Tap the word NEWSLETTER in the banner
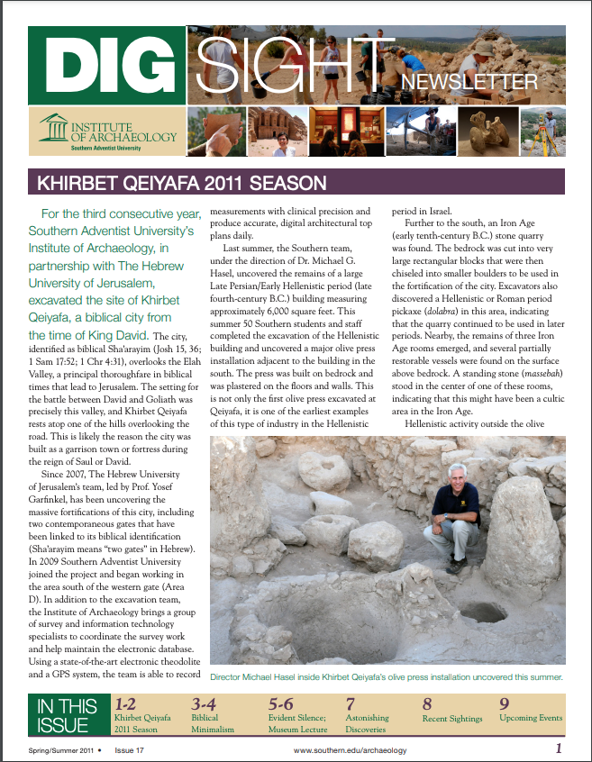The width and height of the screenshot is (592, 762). [x=469, y=84]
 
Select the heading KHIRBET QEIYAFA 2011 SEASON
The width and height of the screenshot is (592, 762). [x=180, y=185]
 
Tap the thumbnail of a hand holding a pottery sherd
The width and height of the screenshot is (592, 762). [x=216, y=132]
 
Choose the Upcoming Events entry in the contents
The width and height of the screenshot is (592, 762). [x=531, y=719]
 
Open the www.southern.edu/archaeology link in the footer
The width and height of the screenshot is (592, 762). [x=351, y=750]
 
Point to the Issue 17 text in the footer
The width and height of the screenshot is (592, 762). [x=134, y=750]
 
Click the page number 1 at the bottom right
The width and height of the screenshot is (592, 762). [x=559, y=748]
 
